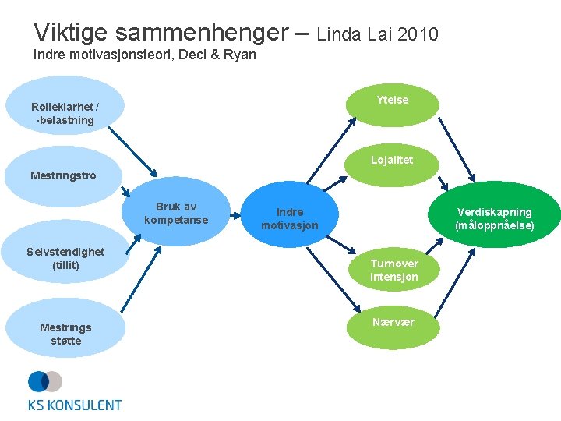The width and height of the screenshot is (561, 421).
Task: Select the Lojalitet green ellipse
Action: pos(392,161)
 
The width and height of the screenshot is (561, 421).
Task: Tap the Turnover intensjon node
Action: pos(393,271)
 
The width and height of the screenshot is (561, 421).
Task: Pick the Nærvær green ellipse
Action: pos(393,324)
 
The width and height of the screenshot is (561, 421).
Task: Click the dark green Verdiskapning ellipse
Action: pos(495,218)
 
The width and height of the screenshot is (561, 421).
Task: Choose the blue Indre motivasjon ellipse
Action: pos(290,218)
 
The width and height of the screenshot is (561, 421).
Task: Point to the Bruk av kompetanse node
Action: pos(176,214)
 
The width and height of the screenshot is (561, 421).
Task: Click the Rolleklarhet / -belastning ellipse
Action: pos(65,113)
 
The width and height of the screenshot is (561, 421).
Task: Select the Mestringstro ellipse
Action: pos(64,175)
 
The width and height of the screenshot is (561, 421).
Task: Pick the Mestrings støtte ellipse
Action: pos(65,334)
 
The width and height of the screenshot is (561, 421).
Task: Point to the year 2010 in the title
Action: pos(418,34)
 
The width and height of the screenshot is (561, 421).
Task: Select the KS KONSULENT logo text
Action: pos(75,405)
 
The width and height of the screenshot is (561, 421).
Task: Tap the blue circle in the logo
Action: pos(37,381)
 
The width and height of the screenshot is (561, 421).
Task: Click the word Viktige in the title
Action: pos(66,33)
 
